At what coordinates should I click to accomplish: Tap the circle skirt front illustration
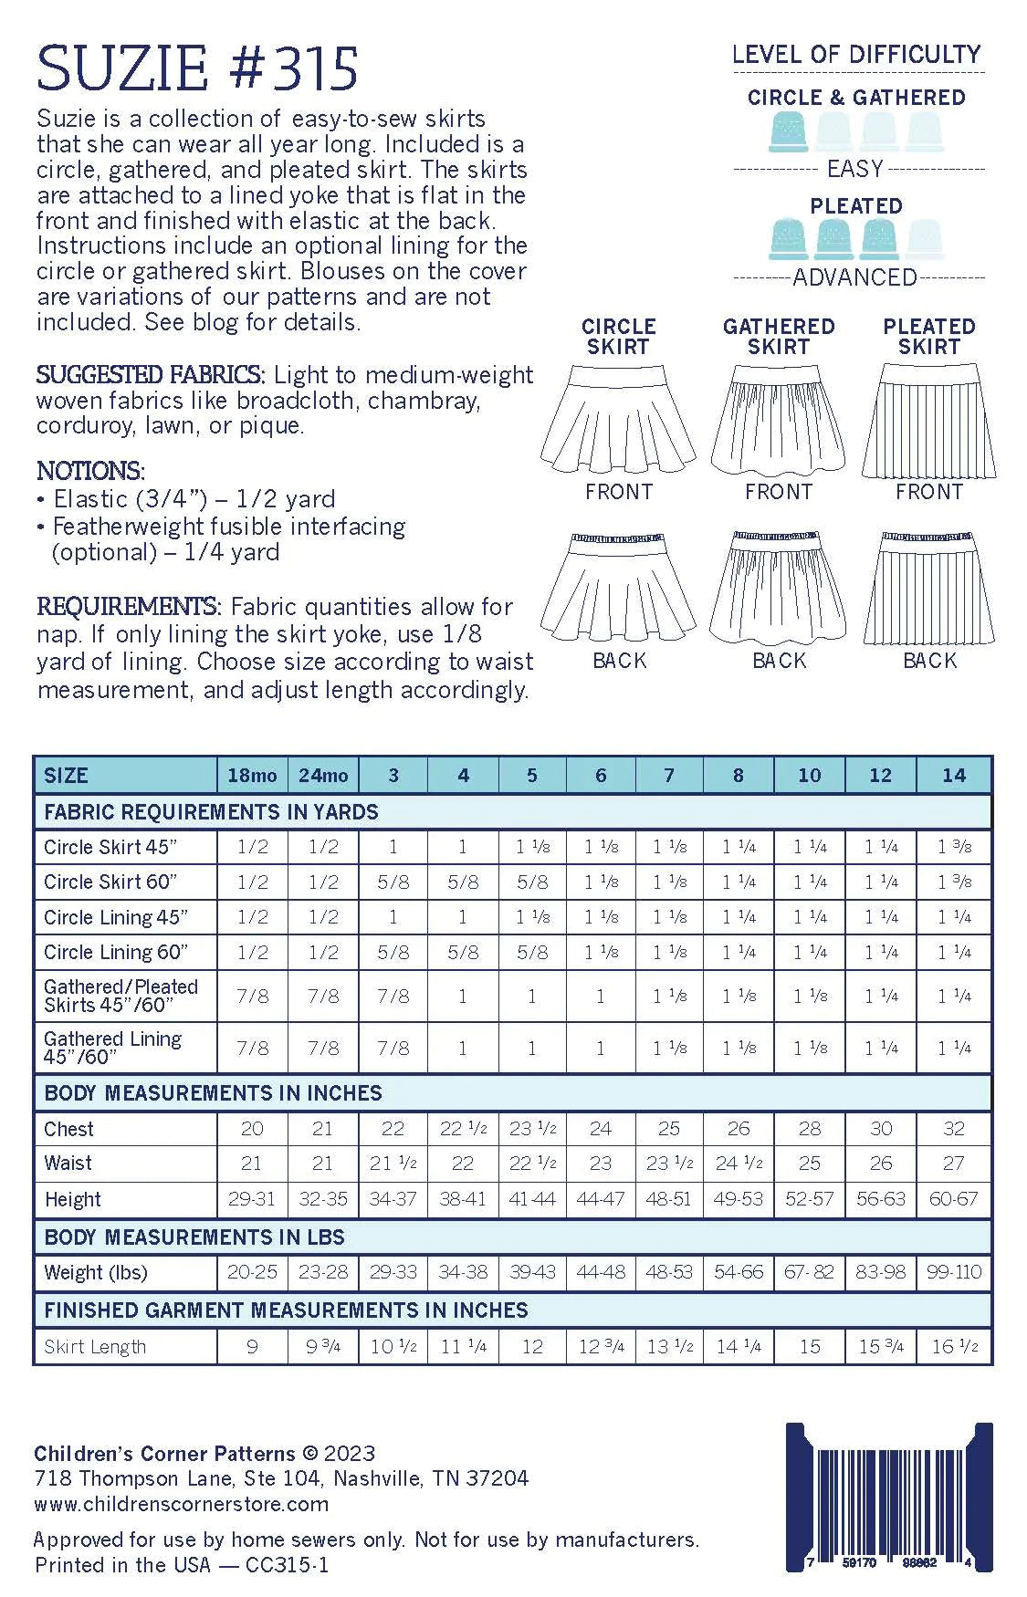coord(618,420)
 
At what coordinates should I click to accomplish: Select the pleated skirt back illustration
coord(928,589)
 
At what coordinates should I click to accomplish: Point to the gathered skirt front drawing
coord(778,420)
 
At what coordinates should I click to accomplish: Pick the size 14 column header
coord(953,776)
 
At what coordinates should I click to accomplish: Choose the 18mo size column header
coord(252,776)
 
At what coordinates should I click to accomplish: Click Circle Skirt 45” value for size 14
coord(953,847)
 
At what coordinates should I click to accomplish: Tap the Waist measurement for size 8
coord(739,1164)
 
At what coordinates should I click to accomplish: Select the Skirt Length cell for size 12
coord(881,1346)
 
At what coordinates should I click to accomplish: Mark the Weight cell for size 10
coord(810,1272)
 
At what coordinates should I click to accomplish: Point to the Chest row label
coord(69,1129)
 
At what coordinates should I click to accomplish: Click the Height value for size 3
coord(393,1199)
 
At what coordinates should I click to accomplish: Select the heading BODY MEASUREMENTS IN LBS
coord(194,1237)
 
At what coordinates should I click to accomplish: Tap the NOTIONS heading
coord(90,471)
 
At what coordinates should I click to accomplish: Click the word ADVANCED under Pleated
coord(855,277)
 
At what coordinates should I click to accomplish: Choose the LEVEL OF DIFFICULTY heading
coord(856,55)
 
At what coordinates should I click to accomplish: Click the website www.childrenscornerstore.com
coord(182,1504)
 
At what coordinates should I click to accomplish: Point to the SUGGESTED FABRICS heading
coord(151,375)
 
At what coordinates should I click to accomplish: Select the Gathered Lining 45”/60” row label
coord(112,1047)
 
